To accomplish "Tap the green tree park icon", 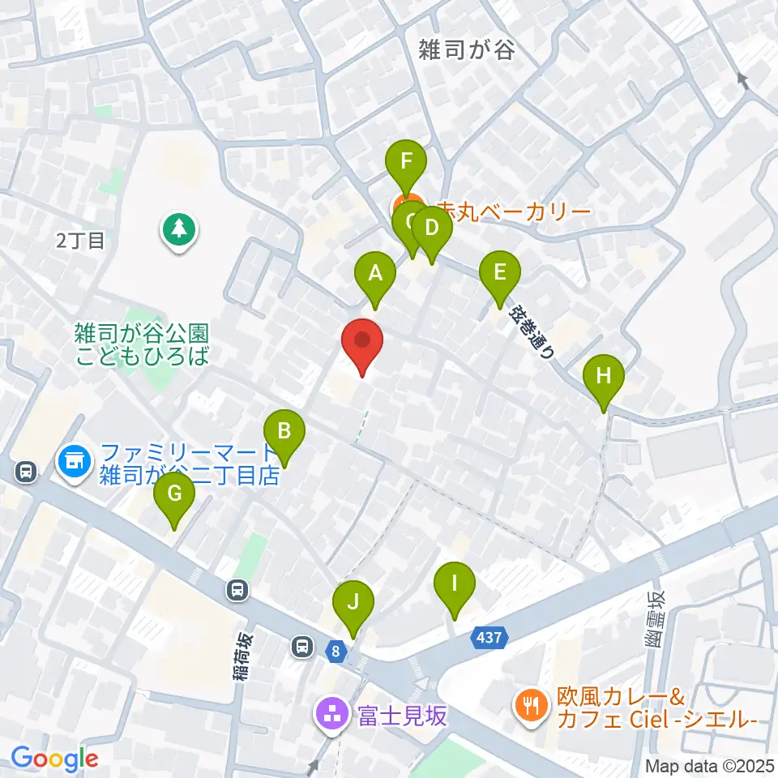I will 177,229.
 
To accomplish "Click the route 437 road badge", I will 489,639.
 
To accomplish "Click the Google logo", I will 54,759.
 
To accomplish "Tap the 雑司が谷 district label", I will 466,50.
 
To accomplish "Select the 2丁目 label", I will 81,241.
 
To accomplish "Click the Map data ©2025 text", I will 708,765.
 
